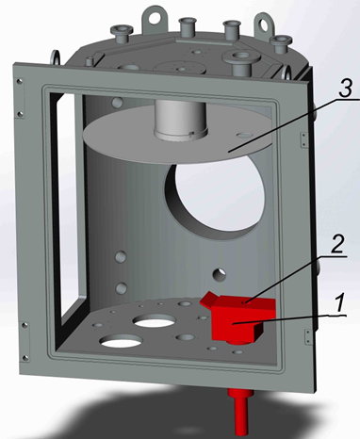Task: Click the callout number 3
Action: click(345, 89)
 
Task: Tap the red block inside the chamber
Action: click(238, 317)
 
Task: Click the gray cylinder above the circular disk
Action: click(180, 120)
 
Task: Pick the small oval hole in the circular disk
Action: click(244, 135)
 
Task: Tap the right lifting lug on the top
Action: click(263, 24)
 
